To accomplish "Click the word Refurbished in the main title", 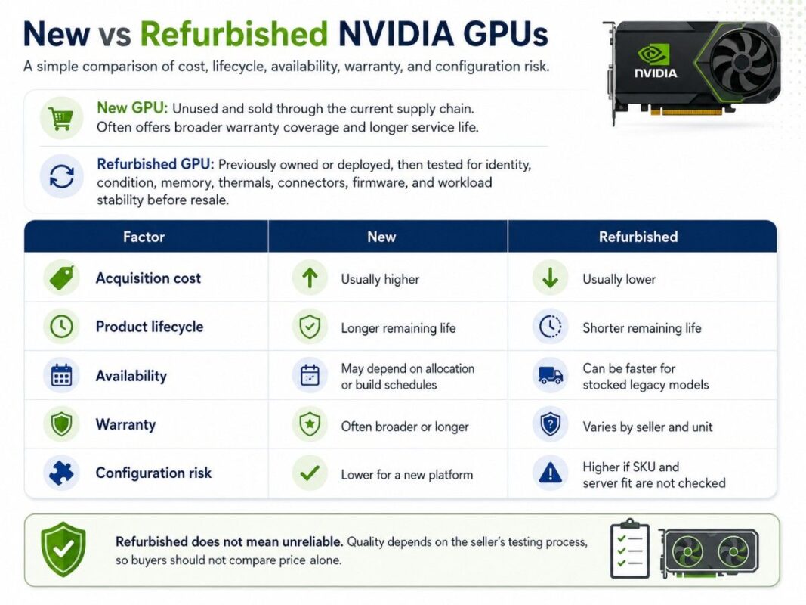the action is coord(234,34).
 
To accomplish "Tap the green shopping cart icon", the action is coord(61,118).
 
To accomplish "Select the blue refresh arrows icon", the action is coord(62,176).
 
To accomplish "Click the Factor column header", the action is coord(144,237).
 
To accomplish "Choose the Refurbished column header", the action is coord(638,237).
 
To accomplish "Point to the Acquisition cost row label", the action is coord(148,278).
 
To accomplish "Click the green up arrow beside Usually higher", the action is coord(310,278).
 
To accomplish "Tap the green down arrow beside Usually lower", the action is coord(550,278).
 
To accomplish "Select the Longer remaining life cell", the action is coord(398,328).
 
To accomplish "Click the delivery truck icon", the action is coord(551,376).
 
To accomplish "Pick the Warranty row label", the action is coord(125,424).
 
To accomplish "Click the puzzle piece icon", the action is coord(61,473).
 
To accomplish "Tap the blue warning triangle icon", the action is coord(551,472).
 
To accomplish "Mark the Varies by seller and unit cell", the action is coord(647,427).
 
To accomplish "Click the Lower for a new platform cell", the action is coord(407,474).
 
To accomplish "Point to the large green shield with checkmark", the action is coord(63,549).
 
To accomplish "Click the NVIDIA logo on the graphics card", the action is coord(655,62).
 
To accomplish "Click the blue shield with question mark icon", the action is coord(551,424).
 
